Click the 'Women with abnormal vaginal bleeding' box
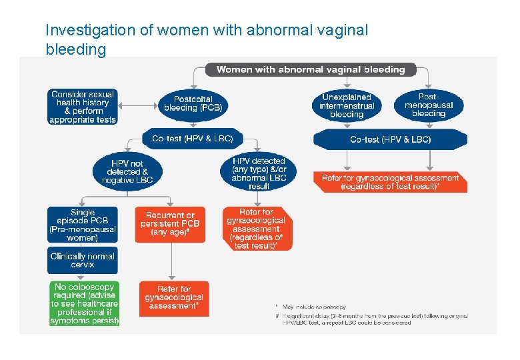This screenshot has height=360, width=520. pyautogui.click(x=311, y=69)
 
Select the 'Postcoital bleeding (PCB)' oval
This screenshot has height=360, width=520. pyautogui.click(x=193, y=103)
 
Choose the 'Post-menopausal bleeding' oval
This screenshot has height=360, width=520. pyautogui.click(x=428, y=105)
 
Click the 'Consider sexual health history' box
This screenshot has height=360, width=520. pyautogui.click(x=83, y=107)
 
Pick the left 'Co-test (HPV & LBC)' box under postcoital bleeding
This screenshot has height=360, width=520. pyautogui.click(x=193, y=139)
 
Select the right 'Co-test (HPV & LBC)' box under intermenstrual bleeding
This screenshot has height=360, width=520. pyautogui.click(x=390, y=139)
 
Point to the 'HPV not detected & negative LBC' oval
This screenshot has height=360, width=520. pyautogui.click(x=127, y=171)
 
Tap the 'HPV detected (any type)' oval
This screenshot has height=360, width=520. pyautogui.click(x=259, y=173)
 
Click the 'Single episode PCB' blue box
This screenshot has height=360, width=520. pyautogui.click(x=83, y=225)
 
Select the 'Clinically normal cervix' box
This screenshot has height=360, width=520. pyautogui.click(x=83, y=260)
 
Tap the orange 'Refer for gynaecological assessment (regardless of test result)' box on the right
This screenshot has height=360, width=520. pyautogui.click(x=390, y=182)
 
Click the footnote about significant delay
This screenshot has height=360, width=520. pyautogui.click(x=373, y=319)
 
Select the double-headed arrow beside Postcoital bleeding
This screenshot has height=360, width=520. pyautogui.click(x=139, y=105)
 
